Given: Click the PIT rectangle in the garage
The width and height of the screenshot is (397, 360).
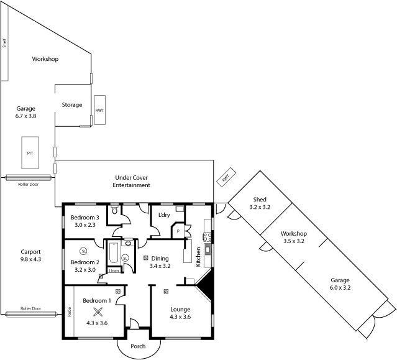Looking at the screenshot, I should [x=30, y=152].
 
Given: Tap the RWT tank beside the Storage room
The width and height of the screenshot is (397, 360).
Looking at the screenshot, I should [x=99, y=110].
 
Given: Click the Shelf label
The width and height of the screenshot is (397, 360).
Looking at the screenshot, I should [x=4, y=43].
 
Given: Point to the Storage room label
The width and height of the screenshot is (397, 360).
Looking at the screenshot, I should [x=72, y=104].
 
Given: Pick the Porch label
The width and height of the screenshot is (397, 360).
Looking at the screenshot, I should [x=138, y=347].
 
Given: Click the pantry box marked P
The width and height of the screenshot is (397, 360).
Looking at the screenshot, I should [x=178, y=231].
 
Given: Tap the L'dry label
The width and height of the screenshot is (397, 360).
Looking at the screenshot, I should [x=164, y=215].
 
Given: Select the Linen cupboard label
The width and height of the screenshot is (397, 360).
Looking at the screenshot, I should [x=114, y=270].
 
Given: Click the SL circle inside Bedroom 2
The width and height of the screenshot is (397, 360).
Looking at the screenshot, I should [x=83, y=251].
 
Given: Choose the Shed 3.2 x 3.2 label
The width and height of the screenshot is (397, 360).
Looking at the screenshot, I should [x=260, y=203].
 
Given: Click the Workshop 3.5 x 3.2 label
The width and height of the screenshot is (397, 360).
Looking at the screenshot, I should [x=294, y=237].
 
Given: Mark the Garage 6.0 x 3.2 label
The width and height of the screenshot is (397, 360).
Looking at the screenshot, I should [x=340, y=284].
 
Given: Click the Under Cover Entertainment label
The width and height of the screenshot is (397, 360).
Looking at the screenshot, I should [x=132, y=181].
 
